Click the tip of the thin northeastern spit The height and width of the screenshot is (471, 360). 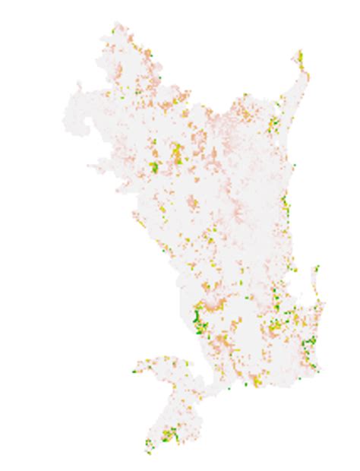point(299,52)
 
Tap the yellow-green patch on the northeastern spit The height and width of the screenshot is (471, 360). point(300,59)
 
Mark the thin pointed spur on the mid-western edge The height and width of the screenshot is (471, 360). point(92,166)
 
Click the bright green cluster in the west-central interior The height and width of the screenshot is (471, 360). point(154,166)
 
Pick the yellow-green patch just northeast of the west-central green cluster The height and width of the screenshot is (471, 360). point(177,150)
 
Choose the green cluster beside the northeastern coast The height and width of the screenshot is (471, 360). point(274,122)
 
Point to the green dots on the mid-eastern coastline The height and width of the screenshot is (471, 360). point(284,203)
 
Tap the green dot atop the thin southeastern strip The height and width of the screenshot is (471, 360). point(317,267)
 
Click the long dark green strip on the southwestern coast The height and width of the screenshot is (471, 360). point(199,319)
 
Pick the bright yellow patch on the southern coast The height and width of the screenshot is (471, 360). point(257,380)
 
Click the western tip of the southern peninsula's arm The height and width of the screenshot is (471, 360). point(134,371)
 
